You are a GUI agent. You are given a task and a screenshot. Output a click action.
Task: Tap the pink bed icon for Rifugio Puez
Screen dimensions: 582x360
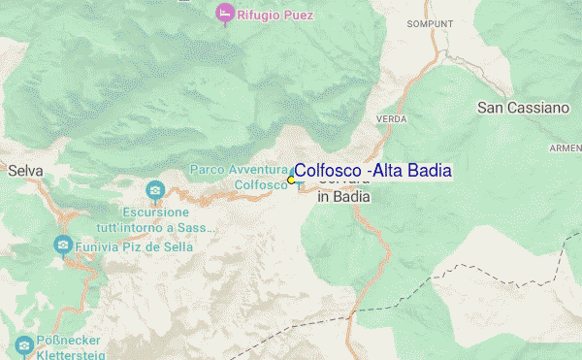click(224, 14)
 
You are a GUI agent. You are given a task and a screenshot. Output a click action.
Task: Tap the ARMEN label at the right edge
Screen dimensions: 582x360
click(566, 147)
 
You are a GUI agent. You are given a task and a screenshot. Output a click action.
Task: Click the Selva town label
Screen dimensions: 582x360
click(25, 171)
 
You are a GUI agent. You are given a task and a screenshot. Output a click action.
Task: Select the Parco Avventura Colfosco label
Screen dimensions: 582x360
click(239, 177)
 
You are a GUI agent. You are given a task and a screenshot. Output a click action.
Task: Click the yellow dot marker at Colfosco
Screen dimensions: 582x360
click(291, 180)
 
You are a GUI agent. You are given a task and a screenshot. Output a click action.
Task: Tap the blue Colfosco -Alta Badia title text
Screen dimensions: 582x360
click(372, 171)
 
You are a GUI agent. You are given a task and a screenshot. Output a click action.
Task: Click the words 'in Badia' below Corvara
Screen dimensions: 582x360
click(343, 196)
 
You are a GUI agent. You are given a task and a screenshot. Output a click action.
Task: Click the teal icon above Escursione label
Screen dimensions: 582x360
click(153, 189)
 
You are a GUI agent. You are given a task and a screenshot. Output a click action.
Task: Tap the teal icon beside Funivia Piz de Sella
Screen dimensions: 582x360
click(64, 245)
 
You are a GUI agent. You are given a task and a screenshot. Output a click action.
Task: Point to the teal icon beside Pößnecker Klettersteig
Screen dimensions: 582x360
click(23, 345)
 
